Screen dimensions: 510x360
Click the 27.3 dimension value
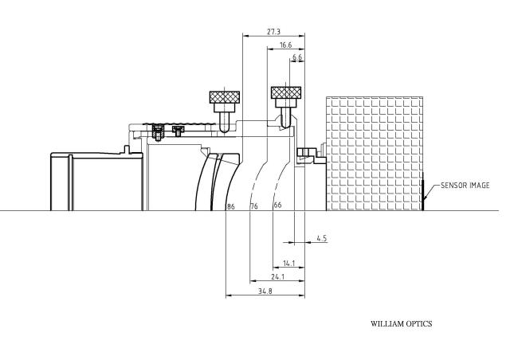[x=273, y=32]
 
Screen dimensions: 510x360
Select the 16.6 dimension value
[x=285, y=45]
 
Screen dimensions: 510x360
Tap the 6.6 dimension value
[x=297, y=57]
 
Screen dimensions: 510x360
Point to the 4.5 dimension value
[x=321, y=238]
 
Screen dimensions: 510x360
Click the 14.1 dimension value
[x=288, y=263]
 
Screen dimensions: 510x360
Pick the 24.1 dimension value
[x=278, y=276]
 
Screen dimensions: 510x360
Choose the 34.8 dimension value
[x=265, y=292]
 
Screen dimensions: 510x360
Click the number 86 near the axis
[x=230, y=206]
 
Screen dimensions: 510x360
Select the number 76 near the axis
[x=254, y=206]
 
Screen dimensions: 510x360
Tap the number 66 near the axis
[x=277, y=205]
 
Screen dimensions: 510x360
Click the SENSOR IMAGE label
[x=465, y=186]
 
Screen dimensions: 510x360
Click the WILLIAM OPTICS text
[x=402, y=324]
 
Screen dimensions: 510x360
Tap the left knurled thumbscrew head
[x=225, y=97]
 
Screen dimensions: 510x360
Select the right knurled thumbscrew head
[x=286, y=92]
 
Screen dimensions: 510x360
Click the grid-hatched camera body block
[x=375, y=154]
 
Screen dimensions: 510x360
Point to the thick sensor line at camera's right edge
[x=423, y=192]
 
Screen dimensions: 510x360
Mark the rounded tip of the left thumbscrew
[x=223, y=130]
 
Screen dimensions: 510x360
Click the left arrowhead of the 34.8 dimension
[x=229, y=295]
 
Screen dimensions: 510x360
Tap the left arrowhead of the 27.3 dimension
[x=245, y=36]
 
